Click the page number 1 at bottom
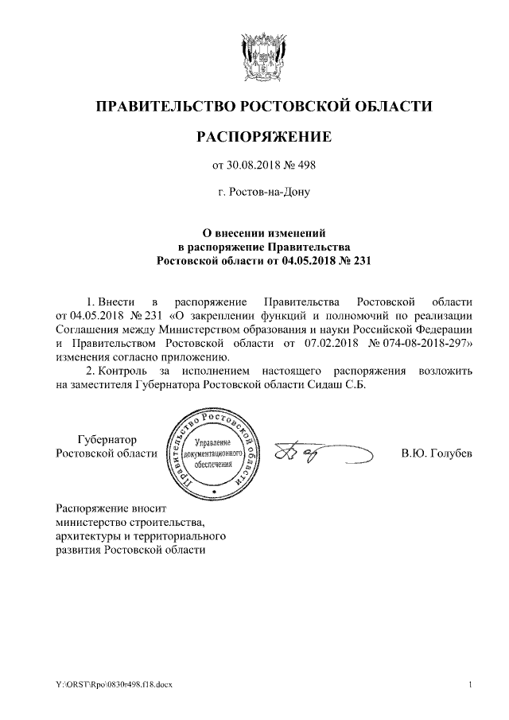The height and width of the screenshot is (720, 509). coord(471,684)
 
